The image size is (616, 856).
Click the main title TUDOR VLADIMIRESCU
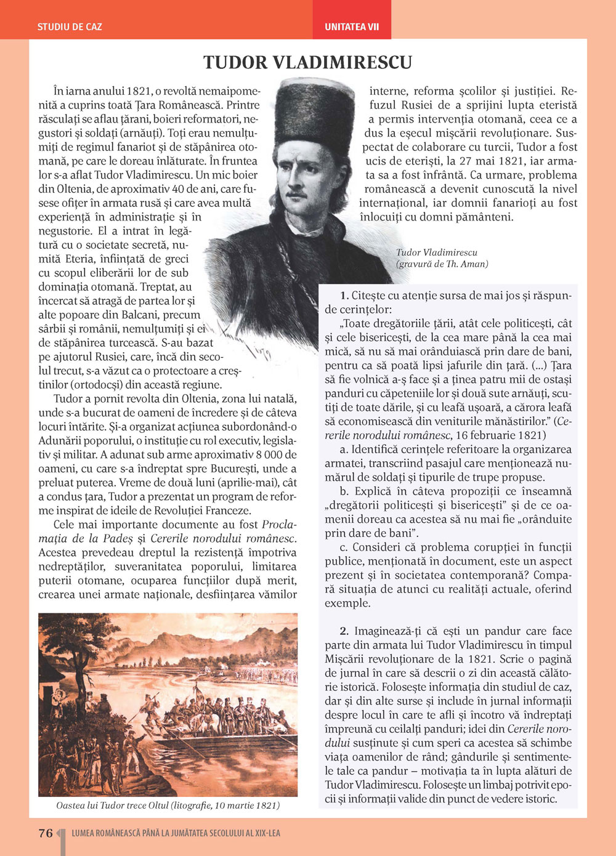pos(307,62)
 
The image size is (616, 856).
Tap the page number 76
pos(46,833)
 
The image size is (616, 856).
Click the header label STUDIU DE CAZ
pos(70,27)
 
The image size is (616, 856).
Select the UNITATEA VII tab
pos(352,27)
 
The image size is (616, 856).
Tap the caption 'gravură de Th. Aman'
pos(442,264)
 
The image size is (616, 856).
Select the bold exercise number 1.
pos(344,296)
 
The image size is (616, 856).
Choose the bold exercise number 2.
pos(344,631)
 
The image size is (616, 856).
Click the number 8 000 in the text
pos(257,455)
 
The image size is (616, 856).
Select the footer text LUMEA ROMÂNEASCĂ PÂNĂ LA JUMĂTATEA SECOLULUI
pos(176,833)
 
